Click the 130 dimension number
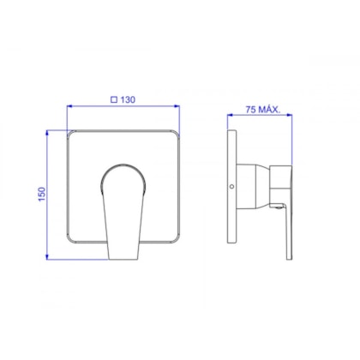point(128,99)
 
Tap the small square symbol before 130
point(114,99)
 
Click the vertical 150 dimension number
point(42,194)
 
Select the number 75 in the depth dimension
point(250,110)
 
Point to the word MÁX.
point(269,110)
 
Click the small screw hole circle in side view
point(231,187)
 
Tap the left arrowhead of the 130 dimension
point(69,106)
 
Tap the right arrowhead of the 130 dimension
point(177,106)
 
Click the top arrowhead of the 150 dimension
point(47,133)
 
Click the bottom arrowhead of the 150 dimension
point(47,257)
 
